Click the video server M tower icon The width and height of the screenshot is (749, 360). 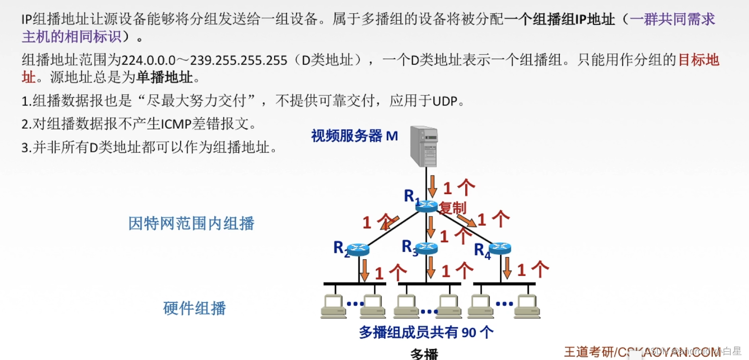[424, 146]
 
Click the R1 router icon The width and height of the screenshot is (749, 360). [426, 206]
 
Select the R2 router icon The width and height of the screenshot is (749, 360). [358, 249]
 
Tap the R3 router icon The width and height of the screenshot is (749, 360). [426, 248]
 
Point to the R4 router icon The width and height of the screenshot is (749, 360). [500, 248]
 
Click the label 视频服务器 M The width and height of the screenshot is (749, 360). [354, 136]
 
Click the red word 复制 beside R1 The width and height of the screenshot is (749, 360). [452, 208]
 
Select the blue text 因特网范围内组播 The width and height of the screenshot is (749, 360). [191, 223]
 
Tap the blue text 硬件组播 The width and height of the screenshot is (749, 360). [195, 308]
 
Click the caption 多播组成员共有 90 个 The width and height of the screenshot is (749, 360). [426, 332]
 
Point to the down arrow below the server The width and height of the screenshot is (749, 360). [432, 186]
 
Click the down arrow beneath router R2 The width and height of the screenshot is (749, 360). [365, 270]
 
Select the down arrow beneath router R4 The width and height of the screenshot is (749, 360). [507, 268]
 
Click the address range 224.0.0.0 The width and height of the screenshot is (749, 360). [149, 61]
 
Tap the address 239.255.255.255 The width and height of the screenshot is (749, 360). [238, 61]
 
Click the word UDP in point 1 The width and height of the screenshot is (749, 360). [445, 101]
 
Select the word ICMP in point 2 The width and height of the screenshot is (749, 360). [176, 124]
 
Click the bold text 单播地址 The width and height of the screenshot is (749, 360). [164, 77]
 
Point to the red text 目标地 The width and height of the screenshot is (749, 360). [698, 60]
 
